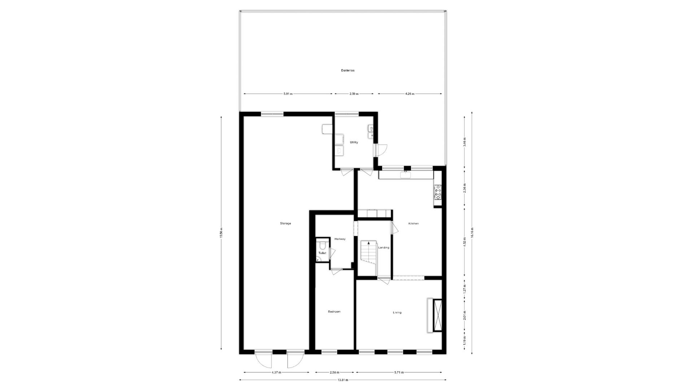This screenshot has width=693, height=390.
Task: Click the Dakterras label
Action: click(x=348, y=70)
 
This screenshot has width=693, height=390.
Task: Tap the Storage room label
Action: click(x=285, y=224)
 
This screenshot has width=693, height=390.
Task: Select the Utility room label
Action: click(x=354, y=142)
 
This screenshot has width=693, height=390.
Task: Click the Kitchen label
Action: click(x=413, y=224)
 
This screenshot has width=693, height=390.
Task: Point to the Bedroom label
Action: click(x=334, y=312)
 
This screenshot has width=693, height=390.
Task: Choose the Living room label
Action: click(x=397, y=312)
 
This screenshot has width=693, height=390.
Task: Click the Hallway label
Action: click(x=340, y=239)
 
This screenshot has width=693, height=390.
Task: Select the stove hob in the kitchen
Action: click(x=438, y=192)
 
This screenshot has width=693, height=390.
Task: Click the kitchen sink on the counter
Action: click(x=405, y=175)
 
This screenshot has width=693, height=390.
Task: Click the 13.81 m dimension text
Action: click(x=342, y=380)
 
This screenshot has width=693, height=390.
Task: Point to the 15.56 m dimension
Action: click(x=221, y=233)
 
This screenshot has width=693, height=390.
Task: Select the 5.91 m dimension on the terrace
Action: click(x=288, y=94)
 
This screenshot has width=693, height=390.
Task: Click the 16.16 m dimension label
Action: click(x=472, y=233)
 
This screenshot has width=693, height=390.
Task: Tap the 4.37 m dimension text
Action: click(x=276, y=372)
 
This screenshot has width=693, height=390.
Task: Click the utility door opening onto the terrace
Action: click(x=382, y=149)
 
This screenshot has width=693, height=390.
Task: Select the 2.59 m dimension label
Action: click(x=354, y=94)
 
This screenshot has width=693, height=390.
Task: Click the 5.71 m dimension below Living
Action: click(x=399, y=372)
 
